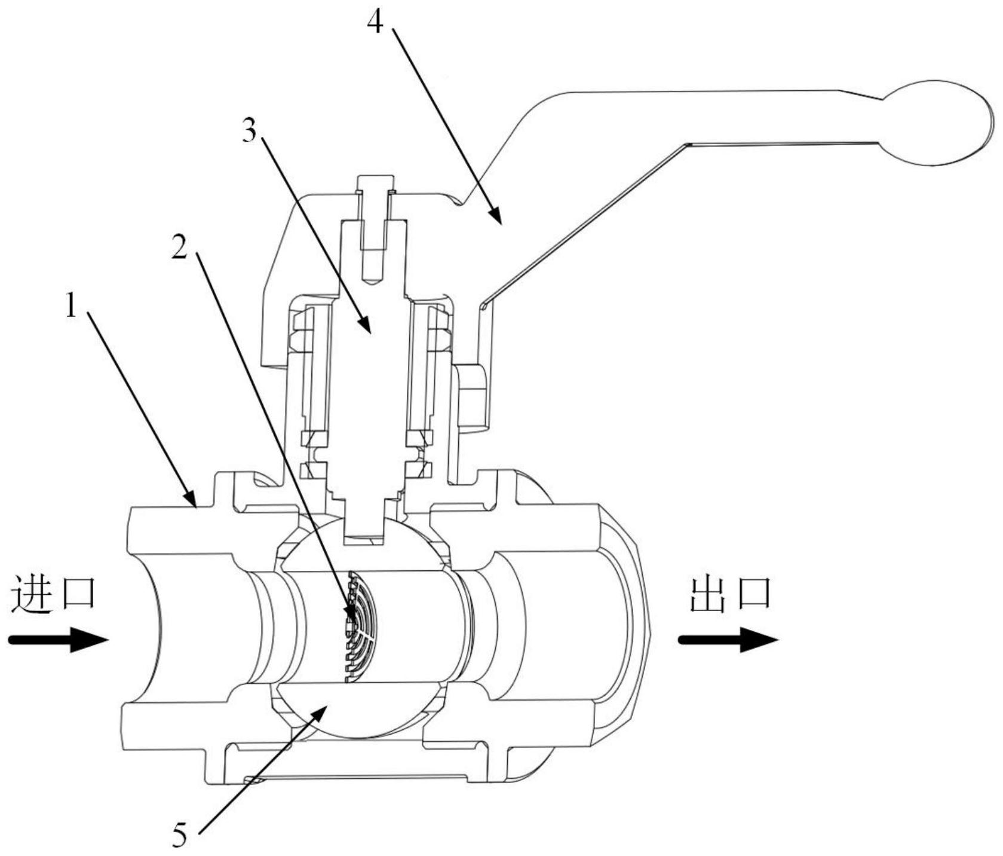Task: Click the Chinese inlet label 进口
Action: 54,593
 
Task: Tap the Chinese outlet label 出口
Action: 731,595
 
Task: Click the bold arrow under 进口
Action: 59,639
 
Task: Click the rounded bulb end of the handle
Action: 938,123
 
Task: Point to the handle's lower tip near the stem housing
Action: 483,305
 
